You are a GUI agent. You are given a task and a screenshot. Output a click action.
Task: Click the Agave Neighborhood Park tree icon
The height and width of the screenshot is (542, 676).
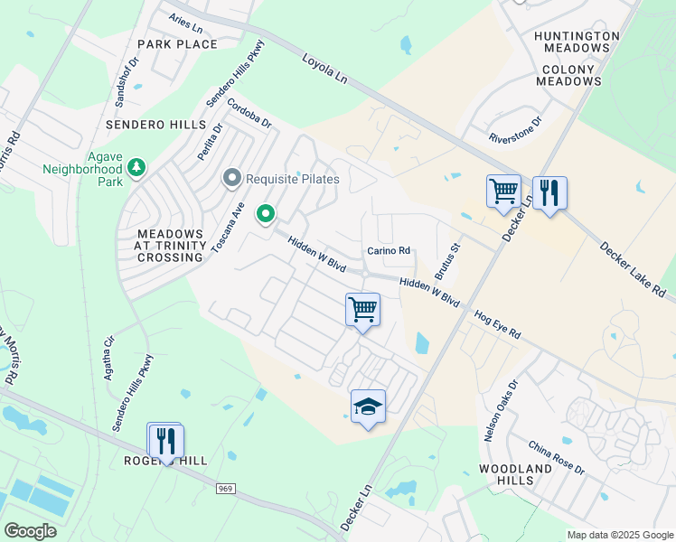[x=136, y=167]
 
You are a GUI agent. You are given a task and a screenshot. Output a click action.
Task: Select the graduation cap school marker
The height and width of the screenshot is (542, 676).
[x=368, y=407]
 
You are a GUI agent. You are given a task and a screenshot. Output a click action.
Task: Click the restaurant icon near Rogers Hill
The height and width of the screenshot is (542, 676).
[x=165, y=441]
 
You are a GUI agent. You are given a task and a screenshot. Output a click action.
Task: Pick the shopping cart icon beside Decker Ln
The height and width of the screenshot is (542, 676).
[x=503, y=192]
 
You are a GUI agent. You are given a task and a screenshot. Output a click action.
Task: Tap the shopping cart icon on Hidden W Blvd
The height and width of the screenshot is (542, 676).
[x=362, y=310]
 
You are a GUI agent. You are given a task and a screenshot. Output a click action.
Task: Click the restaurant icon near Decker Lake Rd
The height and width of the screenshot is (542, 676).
[x=549, y=192]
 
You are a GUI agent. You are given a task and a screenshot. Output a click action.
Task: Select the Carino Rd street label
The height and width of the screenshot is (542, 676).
[x=389, y=251]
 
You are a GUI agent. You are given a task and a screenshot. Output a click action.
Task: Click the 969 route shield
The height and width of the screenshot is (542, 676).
[x=225, y=489]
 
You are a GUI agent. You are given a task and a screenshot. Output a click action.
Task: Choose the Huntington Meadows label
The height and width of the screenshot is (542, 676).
[x=577, y=43]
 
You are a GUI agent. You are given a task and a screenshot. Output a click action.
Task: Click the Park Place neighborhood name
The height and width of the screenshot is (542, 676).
[x=177, y=43]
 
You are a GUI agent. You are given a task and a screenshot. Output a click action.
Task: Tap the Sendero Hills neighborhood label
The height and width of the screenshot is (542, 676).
[x=156, y=124]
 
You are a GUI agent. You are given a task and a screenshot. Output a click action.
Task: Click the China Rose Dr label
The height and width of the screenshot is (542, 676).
[x=557, y=459]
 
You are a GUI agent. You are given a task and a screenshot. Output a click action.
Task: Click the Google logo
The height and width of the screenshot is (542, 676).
[x=31, y=531]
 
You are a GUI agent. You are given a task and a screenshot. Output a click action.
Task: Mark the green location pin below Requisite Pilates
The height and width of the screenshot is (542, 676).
[x=266, y=214]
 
